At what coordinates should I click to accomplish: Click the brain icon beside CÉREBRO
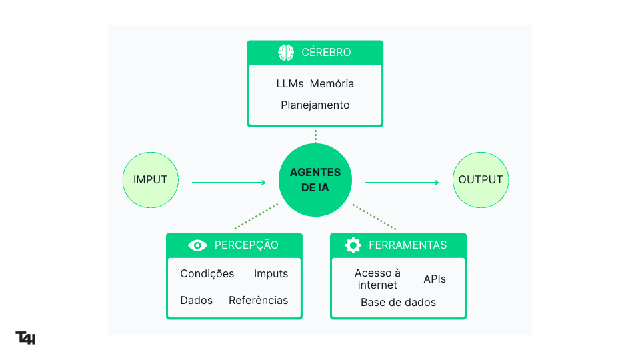point(286,52)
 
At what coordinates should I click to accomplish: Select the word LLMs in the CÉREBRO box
point(290,84)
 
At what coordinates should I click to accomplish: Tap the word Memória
point(331,84)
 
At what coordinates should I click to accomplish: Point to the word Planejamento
point(315,105)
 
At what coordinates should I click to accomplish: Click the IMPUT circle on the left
point(151,180)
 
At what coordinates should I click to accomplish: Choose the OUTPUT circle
point(481,180)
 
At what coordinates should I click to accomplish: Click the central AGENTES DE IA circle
point(315,180)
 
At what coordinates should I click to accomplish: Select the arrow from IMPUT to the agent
point(229,182)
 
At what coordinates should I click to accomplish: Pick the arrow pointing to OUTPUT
point(402,182)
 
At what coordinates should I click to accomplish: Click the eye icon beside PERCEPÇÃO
point(197,245)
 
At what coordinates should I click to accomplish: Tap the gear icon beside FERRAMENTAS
point(353,245)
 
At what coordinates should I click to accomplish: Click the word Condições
point(207,274)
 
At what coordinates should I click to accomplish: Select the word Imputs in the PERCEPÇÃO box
point(271,274)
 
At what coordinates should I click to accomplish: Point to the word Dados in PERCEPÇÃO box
point(196,301)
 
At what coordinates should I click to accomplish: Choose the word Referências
point(259,301)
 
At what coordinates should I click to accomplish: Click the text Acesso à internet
point(377,279)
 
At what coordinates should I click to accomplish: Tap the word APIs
point(435,279)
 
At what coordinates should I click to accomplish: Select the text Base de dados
point(398,303)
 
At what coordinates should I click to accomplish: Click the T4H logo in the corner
point(25,338)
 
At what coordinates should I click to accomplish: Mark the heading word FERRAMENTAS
point(407,245)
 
